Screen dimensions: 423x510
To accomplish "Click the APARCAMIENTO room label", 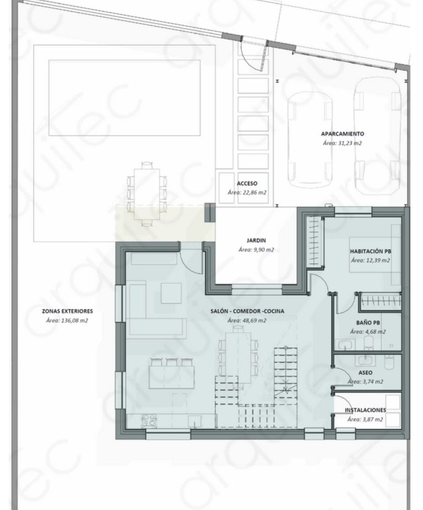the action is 342,134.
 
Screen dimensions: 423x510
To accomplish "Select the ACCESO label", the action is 247,184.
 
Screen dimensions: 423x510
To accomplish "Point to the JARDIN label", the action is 256,241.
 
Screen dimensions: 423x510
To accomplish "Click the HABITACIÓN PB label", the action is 371,251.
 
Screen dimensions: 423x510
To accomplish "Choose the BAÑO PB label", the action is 368,323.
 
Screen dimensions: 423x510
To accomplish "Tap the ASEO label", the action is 365,373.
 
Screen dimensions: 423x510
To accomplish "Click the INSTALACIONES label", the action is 365,410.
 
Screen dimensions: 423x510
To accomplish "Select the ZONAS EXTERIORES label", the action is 67,311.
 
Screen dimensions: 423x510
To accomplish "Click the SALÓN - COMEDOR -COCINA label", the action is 247,311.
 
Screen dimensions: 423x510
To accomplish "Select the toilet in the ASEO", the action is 389,362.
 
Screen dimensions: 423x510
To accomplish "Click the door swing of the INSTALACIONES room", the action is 340,403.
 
